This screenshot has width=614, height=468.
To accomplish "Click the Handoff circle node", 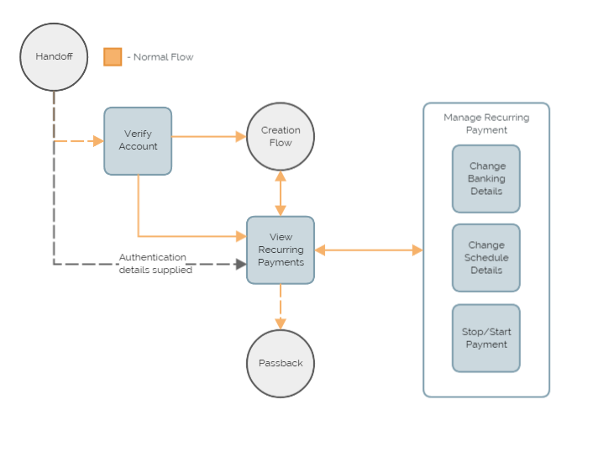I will click(54, 56).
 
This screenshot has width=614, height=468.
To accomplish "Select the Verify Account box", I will click(138, 140).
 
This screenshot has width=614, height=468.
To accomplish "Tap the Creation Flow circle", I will click(281, 136).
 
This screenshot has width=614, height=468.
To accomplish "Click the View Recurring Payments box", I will click(281, 250).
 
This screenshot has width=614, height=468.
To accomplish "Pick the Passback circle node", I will click(281, 363).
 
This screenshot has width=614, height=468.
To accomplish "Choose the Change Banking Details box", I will click(486, 178).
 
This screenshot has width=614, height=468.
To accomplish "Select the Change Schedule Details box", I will click(486, 258).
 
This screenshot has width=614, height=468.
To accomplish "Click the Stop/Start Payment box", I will click(486, 338).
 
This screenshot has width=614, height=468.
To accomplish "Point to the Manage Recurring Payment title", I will click(486, 124).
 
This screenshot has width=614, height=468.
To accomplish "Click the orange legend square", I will click(113, 57).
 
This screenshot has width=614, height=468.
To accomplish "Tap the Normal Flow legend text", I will click(163, 57).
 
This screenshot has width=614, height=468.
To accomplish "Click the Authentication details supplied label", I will click(155, 264).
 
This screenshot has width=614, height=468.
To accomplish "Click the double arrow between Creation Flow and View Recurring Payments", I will click(281, 192).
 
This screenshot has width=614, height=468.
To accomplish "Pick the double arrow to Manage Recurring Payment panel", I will click(369, 250).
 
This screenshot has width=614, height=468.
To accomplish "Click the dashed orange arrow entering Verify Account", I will click(79, 141).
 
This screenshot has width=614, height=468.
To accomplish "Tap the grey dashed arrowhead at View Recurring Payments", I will click(240, 264).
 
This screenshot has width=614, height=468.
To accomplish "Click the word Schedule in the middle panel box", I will click(486, 258).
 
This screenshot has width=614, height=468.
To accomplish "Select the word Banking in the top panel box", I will click(486, 178).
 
